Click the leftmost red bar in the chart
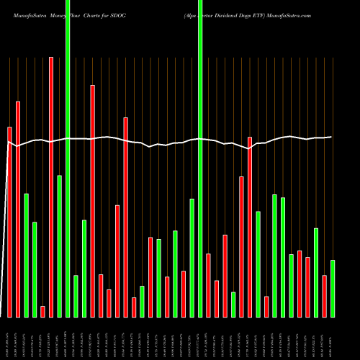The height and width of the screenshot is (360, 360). tap(9, 222)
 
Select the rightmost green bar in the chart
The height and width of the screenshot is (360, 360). tap(333, 288)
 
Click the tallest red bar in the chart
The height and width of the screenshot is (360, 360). tap(51, 187)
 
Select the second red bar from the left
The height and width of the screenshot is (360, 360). tap(18, 209)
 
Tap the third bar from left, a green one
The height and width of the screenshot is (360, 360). tap(26, 255)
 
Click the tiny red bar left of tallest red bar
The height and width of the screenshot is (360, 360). tap(42, 311)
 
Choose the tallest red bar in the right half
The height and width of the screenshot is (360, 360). tap(250, 227)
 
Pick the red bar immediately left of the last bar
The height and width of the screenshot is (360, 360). tap(324, 296)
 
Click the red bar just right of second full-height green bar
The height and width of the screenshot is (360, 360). tap(208, 285)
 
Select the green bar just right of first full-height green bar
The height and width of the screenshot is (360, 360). tap(76, 296)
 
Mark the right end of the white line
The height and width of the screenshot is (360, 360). tap(331, 137)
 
